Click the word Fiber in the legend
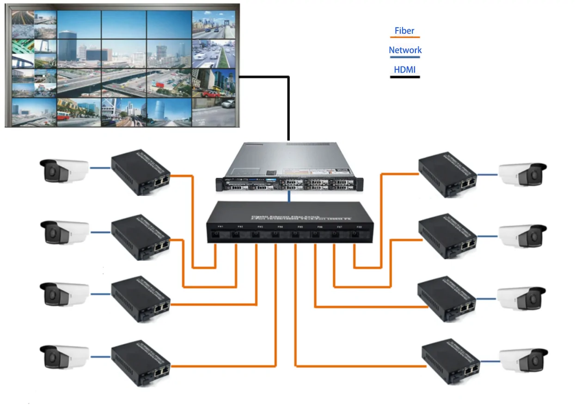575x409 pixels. pos(404,31)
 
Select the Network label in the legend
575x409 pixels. pos(405,50)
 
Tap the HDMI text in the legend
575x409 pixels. pos(404,70)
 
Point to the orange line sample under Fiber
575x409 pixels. pos(405,37)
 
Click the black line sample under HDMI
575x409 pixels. pos(405,77)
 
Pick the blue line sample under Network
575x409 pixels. pos(405,57)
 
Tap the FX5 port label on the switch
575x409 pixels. pos(300,227)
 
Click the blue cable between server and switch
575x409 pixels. pos(289,196)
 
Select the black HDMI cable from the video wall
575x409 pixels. pos(288,106)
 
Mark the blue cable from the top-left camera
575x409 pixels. pos(100,168)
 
